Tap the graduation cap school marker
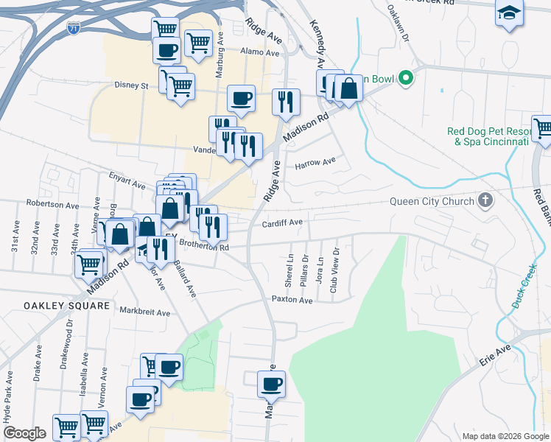(508, 14)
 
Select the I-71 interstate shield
(74, 29)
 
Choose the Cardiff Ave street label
(282, 223)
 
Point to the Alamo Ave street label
(262, 53)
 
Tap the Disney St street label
(131, 85)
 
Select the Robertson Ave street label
(52, 204)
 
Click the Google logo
(24, 433)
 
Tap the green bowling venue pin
(404, 78)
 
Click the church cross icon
(485, 200)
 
